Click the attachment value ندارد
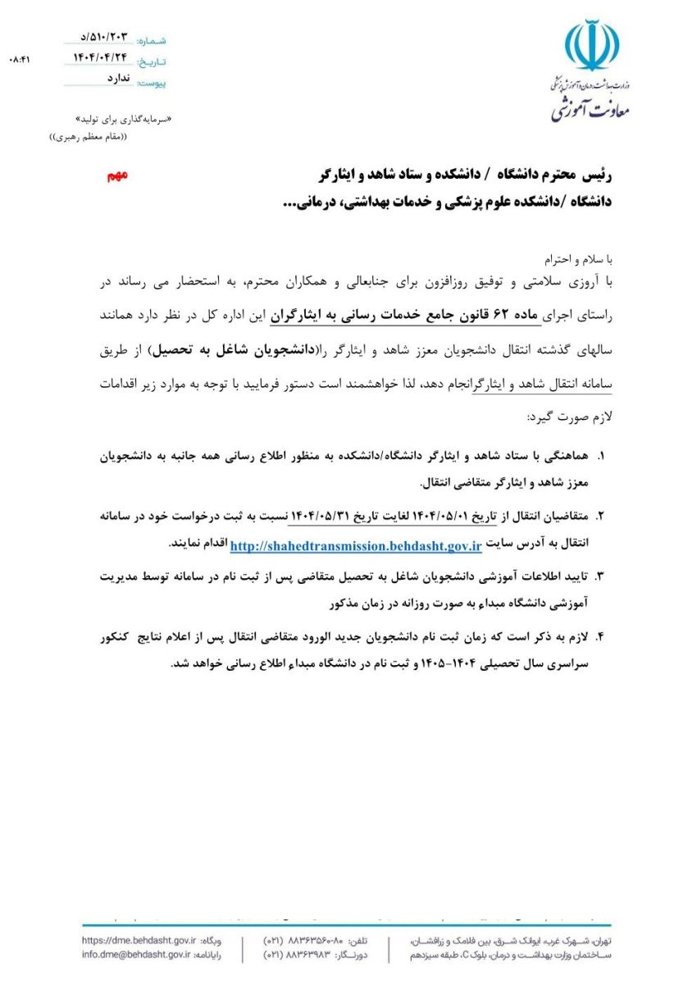(119, 80)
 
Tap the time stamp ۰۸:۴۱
(19, 60)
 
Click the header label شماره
(151, 40)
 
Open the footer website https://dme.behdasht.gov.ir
(136, 940)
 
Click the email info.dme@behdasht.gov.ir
(136, 954)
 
